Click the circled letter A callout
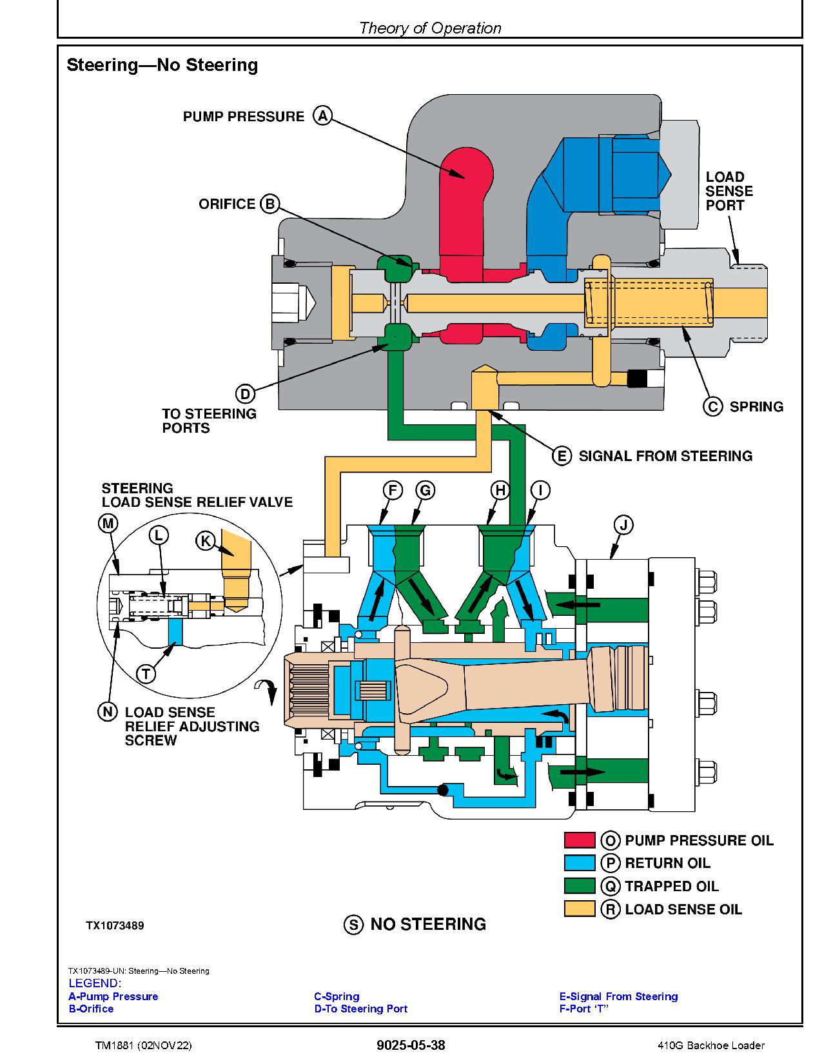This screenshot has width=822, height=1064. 322,116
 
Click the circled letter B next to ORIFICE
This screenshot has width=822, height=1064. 269,204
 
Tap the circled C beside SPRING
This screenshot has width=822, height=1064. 712,407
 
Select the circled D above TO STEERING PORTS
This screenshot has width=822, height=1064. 244,394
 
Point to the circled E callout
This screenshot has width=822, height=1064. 562,456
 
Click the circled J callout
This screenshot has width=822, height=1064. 623,524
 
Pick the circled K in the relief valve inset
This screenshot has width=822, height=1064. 205,540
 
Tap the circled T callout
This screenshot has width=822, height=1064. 146,674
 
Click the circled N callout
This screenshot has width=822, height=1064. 107,712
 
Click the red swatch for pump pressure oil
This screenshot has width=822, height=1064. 579,840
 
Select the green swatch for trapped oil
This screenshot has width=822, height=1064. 579,886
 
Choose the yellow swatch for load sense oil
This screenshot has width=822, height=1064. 579,909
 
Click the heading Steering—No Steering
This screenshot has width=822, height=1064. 162,65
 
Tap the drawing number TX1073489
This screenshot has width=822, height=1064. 115,926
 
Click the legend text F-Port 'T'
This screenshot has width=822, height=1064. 584,1009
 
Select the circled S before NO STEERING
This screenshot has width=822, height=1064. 353,925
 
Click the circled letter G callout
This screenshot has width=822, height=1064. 425,491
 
